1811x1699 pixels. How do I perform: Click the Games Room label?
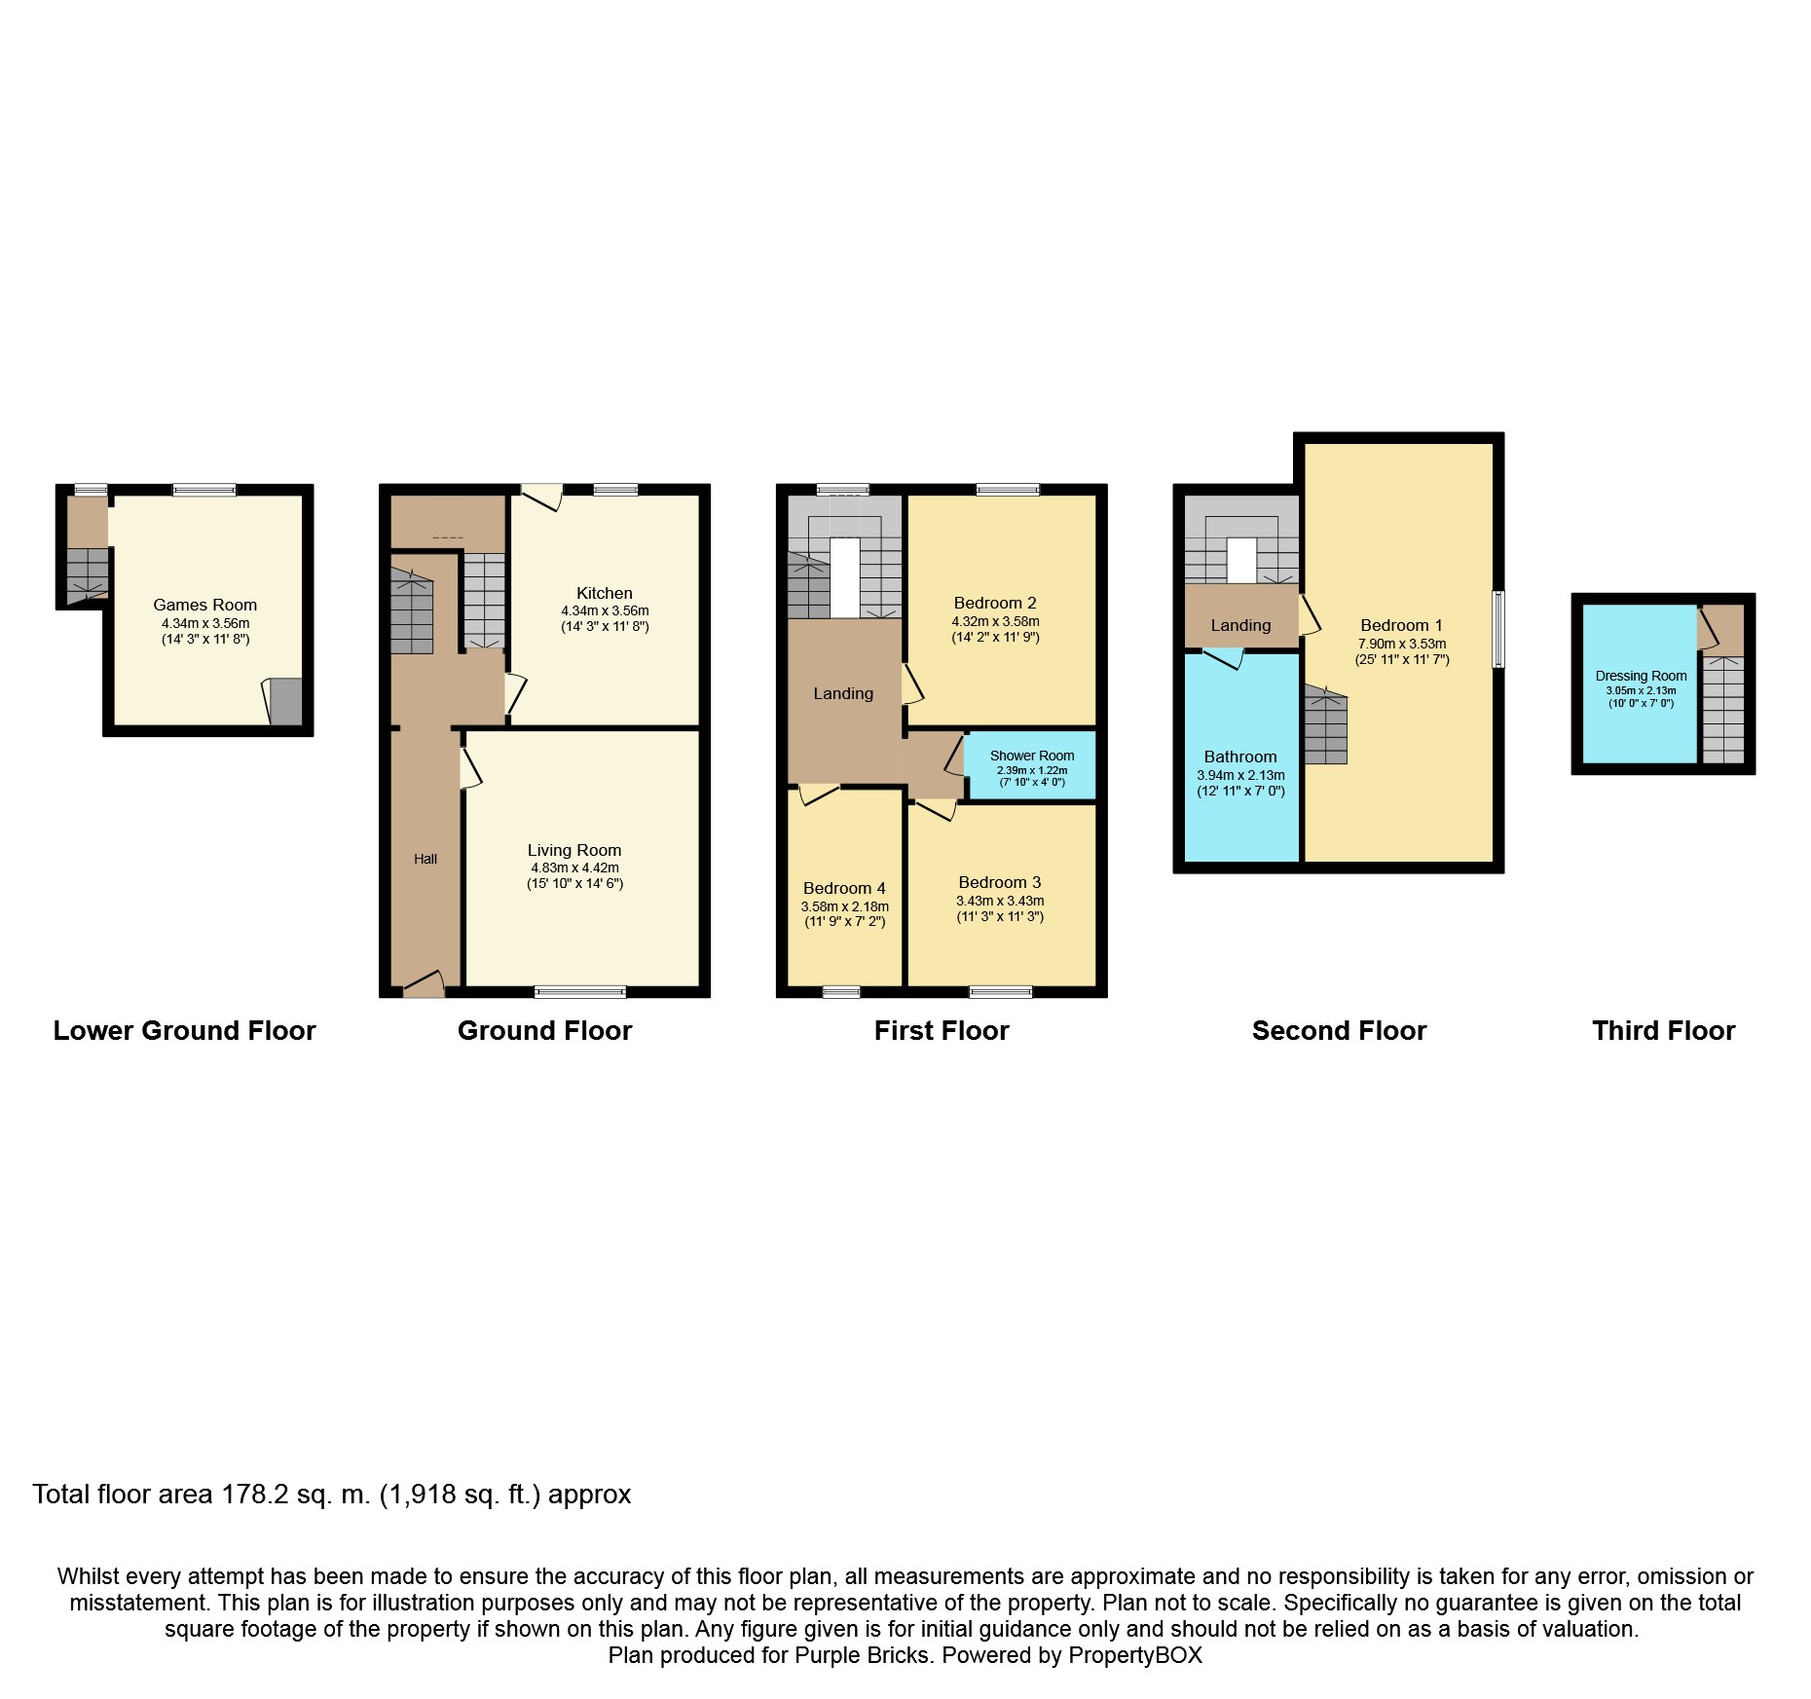(x=204, y=605)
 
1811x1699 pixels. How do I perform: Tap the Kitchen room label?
(x=605, y=593)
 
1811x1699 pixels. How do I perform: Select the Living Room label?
(x=574, y=850)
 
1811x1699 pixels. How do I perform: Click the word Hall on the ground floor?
(x=425, y=859)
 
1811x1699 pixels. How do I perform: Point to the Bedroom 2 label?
(x=995, y=603)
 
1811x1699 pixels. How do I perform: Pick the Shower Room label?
(x=1032, y=756)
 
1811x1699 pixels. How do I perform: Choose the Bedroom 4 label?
(x=844, y=888)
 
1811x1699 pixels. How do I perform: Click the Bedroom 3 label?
(x=1000, y=882)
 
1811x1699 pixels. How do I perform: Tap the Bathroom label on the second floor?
(x=1240, y=757)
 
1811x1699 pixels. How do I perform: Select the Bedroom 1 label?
(x=1402, y=625)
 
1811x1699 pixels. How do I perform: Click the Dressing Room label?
(x=1642, y=676)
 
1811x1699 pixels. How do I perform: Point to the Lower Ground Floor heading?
(x=185, y=1030)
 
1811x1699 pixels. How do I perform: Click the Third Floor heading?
(x=1664, y=1030)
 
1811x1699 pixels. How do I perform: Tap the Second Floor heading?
(x=1340, y=1030)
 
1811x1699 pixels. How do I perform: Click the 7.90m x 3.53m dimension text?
(x=1402, y=644)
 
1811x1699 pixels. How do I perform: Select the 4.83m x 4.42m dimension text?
(x=574, y=868)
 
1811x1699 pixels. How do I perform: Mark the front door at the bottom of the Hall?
(x=425, y=984)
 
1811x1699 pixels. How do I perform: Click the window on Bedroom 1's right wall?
(x=1499, y=629)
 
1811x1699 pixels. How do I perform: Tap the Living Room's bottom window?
(x=580, y=992)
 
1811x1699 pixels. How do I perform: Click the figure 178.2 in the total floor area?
(x=256, y=1495)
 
